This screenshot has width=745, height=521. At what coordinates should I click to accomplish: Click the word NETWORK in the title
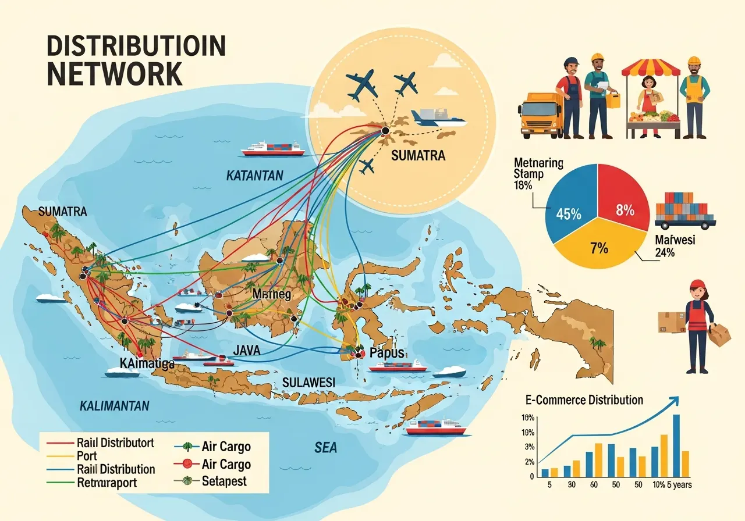(114, 74)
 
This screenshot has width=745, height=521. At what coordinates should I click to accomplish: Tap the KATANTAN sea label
(254, 175)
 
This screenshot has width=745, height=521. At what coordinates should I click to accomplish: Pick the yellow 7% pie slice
(598, 248)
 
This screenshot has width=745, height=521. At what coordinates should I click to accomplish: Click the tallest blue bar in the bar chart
(676, 445)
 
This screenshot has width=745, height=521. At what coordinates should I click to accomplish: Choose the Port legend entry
(87, 456)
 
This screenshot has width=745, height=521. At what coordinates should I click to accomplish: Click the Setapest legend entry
(224, 481)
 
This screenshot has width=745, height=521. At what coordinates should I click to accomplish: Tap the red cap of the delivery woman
(697, 284)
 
